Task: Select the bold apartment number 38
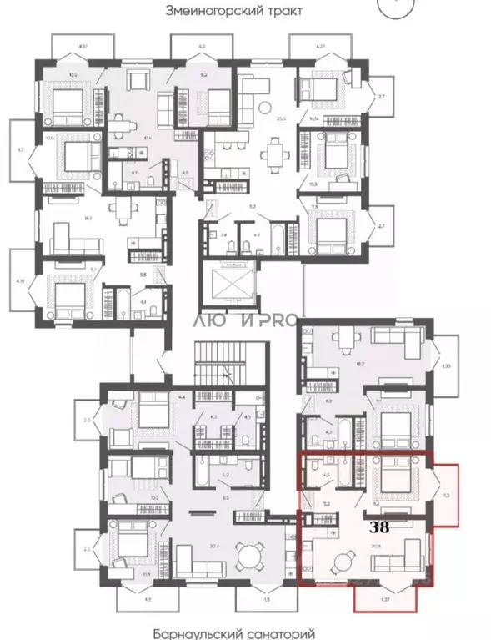379,527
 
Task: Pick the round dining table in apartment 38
343,562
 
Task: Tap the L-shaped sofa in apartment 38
408,554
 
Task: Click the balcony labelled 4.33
447,365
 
